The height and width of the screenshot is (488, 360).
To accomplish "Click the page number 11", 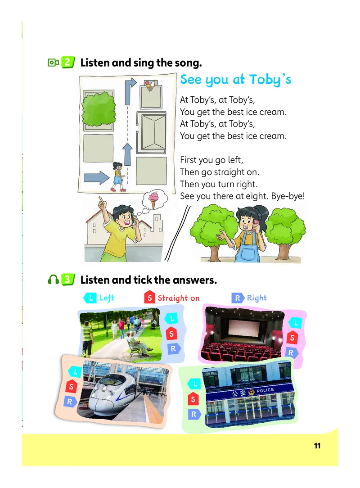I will (317, 446).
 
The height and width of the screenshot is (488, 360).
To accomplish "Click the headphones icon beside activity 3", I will (53, 280).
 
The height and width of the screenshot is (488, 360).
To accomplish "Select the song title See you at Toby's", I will (235, 80).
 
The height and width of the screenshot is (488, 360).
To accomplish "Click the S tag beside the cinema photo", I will (292, 338).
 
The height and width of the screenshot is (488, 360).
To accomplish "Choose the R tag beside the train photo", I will (70, 401).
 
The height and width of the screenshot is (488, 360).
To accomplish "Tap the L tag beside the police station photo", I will (194, 384).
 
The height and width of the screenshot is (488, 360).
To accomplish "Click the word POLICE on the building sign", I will (265, 390).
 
